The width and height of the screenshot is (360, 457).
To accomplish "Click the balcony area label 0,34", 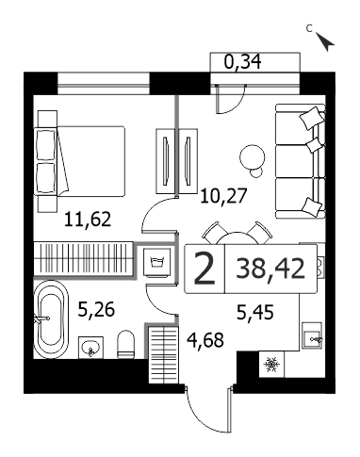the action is click(242, 61).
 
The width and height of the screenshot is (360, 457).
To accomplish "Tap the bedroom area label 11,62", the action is click(88, 220).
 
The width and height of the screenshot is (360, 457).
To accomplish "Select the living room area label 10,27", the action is click(224, 196).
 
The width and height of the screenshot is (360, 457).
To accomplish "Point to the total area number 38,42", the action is click(270, 269).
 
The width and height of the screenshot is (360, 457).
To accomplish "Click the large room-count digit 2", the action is click(205, 269).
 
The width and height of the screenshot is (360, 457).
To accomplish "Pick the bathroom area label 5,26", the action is click(96, 309).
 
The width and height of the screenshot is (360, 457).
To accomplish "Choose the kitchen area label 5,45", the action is click(255, 313).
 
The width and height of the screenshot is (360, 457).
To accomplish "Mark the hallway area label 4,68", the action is click(205, 340).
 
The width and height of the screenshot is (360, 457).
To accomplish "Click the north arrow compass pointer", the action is click(325, 41).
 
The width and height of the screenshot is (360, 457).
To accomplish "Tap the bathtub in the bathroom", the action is click(51, 319).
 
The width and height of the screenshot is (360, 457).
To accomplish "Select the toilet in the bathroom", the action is click(126, 345).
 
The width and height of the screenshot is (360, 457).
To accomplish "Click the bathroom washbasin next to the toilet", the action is click(90, 348).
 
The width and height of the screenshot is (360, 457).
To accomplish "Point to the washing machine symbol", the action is click(158, 262).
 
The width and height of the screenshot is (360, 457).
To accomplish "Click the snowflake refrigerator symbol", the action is click(271, 365).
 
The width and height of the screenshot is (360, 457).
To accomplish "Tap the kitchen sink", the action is click(312, 335).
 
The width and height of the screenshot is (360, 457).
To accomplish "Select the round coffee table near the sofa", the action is click(253, 157).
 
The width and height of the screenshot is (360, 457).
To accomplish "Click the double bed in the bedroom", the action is click(81, 161).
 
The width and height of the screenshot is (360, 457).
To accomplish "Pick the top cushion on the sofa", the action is click(312, 118).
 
